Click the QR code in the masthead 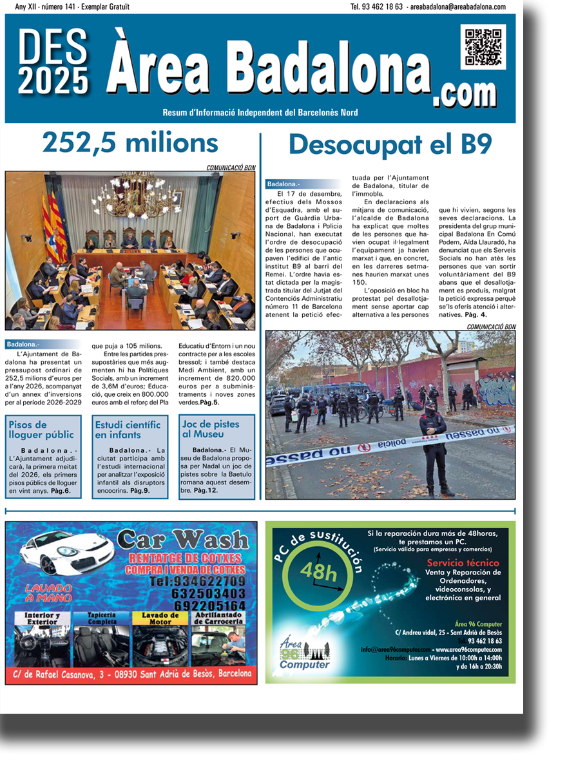483,47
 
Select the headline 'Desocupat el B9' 390,144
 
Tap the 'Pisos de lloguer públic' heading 41,430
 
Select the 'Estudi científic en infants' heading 128,430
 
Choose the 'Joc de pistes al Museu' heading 211,430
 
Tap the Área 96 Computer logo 304,654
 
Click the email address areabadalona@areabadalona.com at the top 457,6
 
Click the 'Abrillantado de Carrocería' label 218,619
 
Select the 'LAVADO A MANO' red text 50,593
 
